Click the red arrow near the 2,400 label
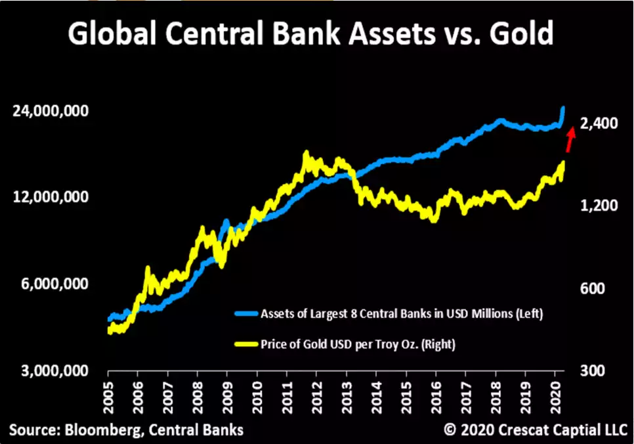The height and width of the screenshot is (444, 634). (570, 139)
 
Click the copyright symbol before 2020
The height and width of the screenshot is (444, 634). (450, 430)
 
